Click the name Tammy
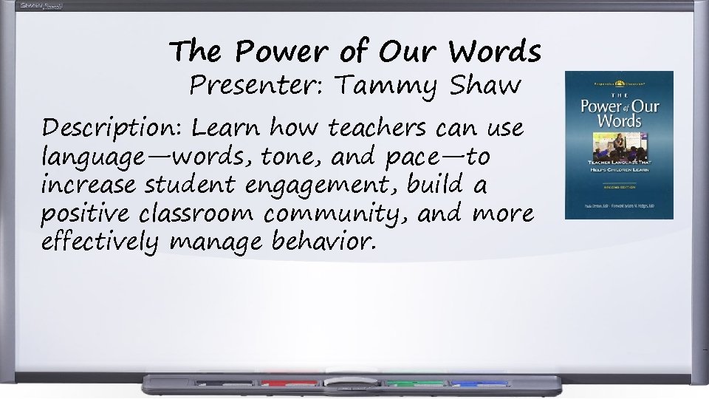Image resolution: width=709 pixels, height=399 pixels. click(383, 86)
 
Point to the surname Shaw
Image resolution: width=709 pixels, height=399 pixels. click(484, 86)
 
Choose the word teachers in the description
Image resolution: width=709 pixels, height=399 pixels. click(377, 129)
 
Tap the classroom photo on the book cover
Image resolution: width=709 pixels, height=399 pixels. click(619, 143)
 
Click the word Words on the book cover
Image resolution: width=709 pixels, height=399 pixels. click(619, 120)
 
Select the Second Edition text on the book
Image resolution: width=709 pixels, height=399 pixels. click(619, 187)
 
